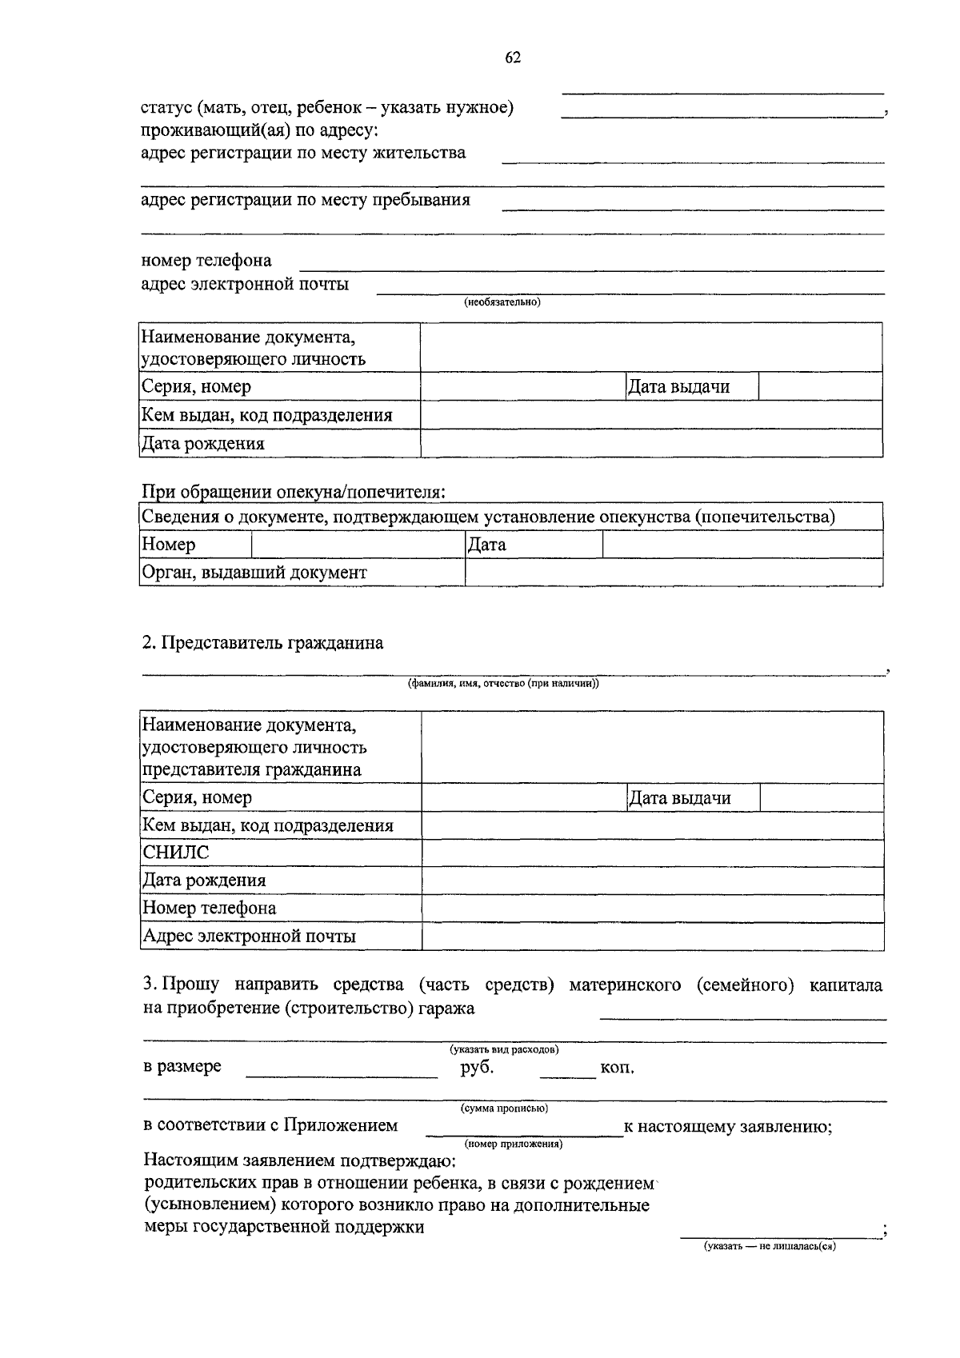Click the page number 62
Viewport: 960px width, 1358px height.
(513, 58)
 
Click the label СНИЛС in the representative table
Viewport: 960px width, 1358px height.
(175, 853)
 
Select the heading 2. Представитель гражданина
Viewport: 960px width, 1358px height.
(262, 643)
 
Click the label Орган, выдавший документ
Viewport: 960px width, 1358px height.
(254, 573)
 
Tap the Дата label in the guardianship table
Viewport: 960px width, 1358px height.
(486, 545)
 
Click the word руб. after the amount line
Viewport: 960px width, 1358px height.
(477, 1067)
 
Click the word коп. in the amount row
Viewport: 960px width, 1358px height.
(617, 1068)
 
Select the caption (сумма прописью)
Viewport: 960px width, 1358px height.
(504, 1108)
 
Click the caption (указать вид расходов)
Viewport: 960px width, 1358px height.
(504, 1049)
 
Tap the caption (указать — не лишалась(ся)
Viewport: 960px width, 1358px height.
(770, 1246)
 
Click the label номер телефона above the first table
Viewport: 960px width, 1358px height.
(206, 260)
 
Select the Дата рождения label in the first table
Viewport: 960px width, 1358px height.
(202, 443)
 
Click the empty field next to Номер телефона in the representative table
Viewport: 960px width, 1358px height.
(652, 909)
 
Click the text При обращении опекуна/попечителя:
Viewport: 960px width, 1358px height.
(293, 492)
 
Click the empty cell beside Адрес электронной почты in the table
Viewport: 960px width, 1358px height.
(652, 937)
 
